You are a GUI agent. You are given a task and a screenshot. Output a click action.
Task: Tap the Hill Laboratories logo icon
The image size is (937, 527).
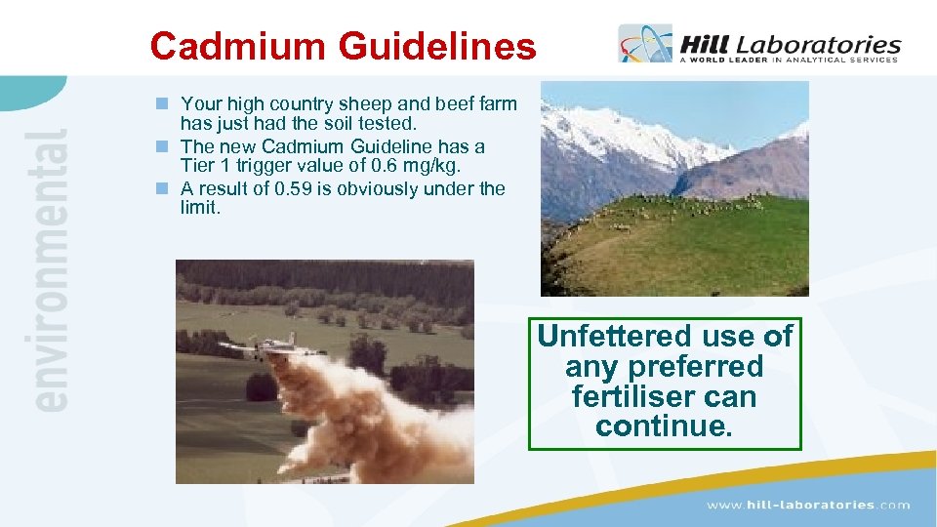pyautogui.click(x=645, y=44)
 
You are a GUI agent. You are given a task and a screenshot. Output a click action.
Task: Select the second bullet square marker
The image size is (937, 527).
pyautogui.click(x=167, y=146)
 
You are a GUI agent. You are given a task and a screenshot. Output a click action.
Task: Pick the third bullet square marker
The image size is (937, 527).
pyautogui.click(x=167, y=188)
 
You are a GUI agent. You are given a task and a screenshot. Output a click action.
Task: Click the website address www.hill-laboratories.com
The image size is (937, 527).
pyautogui.click(x=808, y=505)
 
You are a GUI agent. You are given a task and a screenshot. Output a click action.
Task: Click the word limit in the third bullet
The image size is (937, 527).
pyautogui.click(x=200, y=209)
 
